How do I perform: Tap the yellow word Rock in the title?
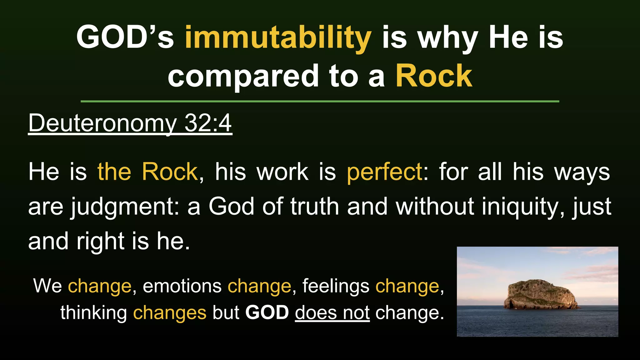(x=434, y=76)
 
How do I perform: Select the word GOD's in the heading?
(x=125, y=37)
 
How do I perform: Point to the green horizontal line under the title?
(x=320, y=101)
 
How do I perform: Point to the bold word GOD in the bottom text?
(x=267, y=312)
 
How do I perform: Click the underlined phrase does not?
(x=332, y=312)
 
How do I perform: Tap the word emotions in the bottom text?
(x=182, y=286)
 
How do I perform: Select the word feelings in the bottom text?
(x=336, y=286)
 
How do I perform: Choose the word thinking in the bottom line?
(x=93, y=313)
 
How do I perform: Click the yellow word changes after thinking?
(x=170, y=313)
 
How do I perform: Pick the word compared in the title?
(x=243, y=76)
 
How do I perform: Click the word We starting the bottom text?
(x=47, y=286)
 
